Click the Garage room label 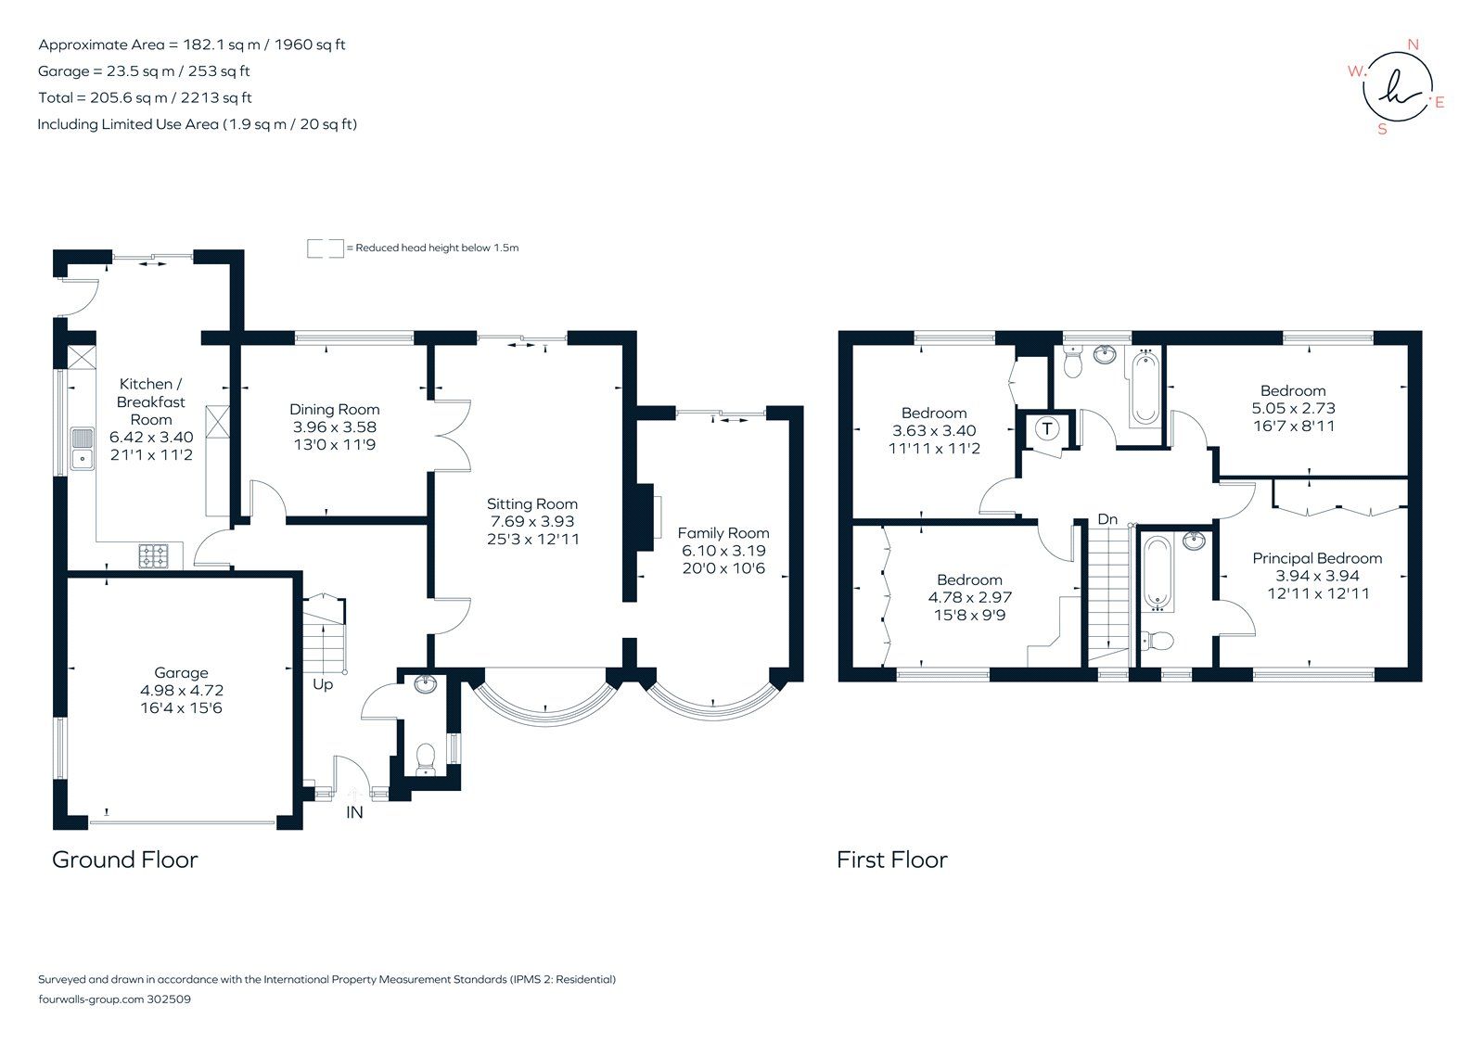tap(181, 673)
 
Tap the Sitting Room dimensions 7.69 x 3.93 tap(531, 521)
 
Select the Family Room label tap(723, 533)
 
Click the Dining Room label tap(334, 409)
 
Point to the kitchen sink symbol tap(83, 448)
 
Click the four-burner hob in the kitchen tap(154, 555)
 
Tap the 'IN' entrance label tap(354, 812)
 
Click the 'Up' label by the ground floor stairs tap(322, 685)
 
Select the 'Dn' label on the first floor tap(1107, 519)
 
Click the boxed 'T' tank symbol tap(1047, 428)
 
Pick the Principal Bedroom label tap(1316, 558)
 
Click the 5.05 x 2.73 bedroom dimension tap(1293, 408)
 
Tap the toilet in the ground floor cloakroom tap(427, 758)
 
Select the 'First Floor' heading tap(891, 859)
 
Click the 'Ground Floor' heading tap(124, 859)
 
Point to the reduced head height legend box tap(325, 248)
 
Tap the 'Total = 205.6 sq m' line tap(145, 97)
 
